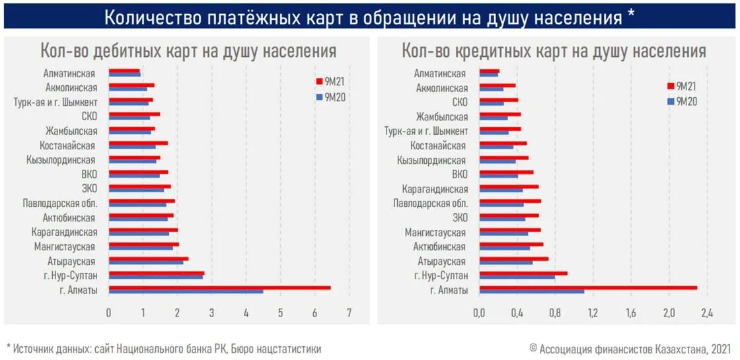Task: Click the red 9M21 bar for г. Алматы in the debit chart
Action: coord(219,287)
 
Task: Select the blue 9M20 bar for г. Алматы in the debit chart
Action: coord(186,291)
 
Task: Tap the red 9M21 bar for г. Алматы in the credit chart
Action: coord(588,287)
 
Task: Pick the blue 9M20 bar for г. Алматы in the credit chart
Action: coord(532,291)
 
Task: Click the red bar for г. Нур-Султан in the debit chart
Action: coord(157,272)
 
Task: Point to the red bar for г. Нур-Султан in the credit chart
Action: coord(523,272)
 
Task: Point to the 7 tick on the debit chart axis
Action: coord(349,312)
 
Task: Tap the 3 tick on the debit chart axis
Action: coord(211,312)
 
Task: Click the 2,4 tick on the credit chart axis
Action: coord(708,312)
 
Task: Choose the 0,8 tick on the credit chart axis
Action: coord(555,312)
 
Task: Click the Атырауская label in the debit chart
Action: coord(74,261)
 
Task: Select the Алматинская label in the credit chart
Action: coord(440,74)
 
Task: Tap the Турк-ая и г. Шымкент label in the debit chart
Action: coord(55,102)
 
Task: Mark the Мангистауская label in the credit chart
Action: coord(435,233)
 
